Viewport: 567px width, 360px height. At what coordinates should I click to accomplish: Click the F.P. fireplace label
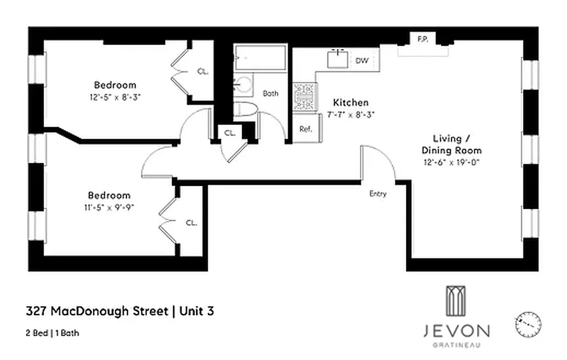422,40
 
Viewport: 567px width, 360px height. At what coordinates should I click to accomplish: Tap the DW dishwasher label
362,61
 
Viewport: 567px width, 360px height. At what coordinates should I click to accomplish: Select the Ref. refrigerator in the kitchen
306,129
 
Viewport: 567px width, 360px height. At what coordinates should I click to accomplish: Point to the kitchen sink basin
337,59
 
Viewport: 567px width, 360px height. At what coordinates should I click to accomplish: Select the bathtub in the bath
260,57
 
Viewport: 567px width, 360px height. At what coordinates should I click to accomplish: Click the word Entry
378,194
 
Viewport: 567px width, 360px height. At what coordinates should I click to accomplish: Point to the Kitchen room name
351,103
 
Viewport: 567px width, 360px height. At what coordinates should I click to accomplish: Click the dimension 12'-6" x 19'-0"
451,162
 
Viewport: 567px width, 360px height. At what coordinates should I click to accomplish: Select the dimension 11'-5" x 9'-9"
109,207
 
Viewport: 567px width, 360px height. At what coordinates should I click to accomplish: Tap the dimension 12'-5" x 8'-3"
115,97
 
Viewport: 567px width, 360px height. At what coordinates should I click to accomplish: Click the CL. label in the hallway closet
229,133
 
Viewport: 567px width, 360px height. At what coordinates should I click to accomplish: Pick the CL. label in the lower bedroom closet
191,222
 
